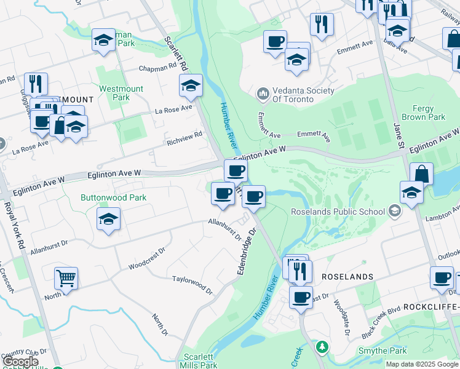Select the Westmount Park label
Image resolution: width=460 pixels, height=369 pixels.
[x=121, y=93]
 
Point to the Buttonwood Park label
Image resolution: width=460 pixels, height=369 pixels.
[x=113, y=197]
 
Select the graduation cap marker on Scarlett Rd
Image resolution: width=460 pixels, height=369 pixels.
[x=191, y=85]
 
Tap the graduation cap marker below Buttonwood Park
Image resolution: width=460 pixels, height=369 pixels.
[x=109, y=219]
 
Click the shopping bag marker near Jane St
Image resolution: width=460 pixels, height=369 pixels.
[x=421, y=173]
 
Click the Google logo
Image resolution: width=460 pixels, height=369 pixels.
[x=20, y=362]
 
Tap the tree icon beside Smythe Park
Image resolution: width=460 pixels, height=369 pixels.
[x=322, y=347]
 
